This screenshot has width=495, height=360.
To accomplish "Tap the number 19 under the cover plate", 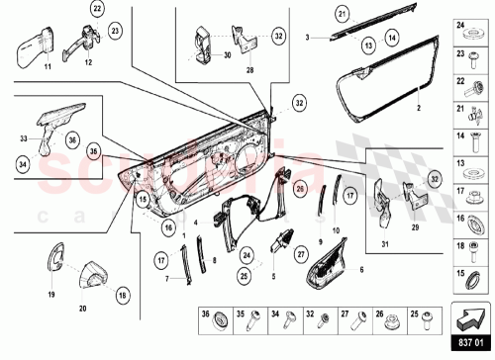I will (51, 295).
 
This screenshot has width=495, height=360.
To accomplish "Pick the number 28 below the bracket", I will (249, 71).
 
